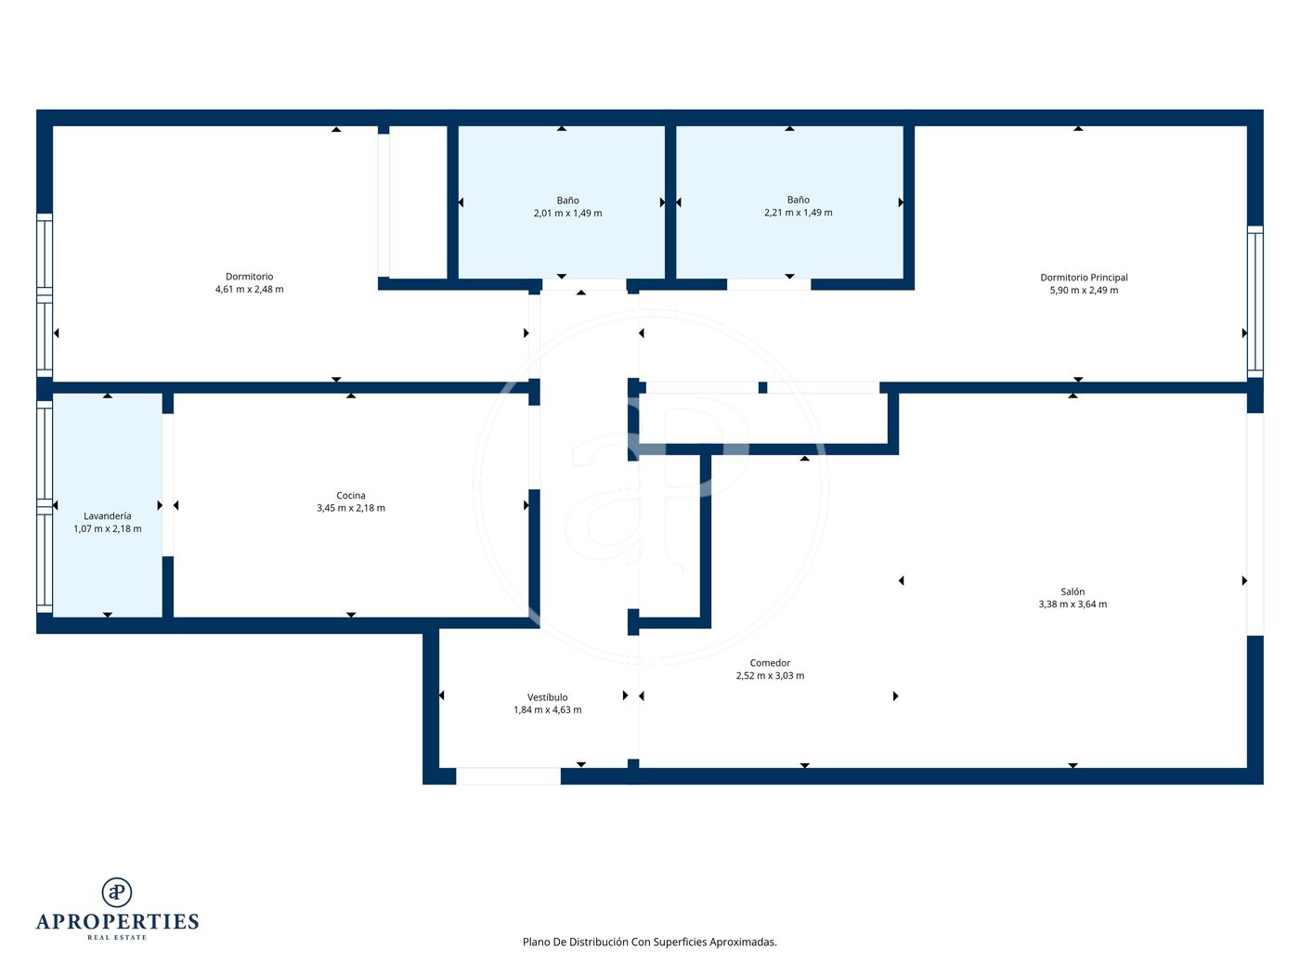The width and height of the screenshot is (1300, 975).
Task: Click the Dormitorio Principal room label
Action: (x=1084, y=277)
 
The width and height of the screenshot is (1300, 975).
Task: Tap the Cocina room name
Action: (x=351, y=496)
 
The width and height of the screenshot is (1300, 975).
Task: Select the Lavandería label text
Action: (x=107, y=516)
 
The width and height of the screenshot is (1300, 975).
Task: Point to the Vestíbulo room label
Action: (x=547, y=697)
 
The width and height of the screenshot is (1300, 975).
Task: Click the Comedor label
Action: (x=770, y=663)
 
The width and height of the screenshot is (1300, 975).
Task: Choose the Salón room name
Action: (x=1072, y=591)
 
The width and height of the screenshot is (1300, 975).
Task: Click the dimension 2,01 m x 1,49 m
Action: (x=567, y=214)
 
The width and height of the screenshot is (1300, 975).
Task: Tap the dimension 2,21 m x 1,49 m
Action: (x=798, y=213)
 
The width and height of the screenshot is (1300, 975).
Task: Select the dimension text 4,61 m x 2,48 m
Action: (x=250, y=290)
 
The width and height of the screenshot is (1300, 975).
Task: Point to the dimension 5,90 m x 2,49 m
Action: (x=1084, y=290)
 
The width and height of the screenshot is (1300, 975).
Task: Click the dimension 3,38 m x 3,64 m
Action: (x=1072, y=604)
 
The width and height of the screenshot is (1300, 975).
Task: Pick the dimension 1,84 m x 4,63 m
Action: (x=547, y=709)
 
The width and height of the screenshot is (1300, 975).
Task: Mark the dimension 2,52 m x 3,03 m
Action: (x=770, y=675)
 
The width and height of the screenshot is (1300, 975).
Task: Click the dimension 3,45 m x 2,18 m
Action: (x=351, y=508)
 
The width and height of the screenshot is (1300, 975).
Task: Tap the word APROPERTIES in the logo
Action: (x=117, y=922)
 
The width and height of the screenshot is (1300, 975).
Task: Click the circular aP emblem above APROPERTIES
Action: (x=117, y=892)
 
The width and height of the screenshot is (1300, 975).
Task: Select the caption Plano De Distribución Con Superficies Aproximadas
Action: (x=650, y=942)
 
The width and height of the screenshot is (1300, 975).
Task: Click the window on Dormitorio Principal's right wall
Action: (x=1255, y=302)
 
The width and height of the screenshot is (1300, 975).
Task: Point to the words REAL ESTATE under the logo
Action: (x=117, y=938)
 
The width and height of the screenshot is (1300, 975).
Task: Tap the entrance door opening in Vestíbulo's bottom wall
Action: (x=508, y=776)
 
